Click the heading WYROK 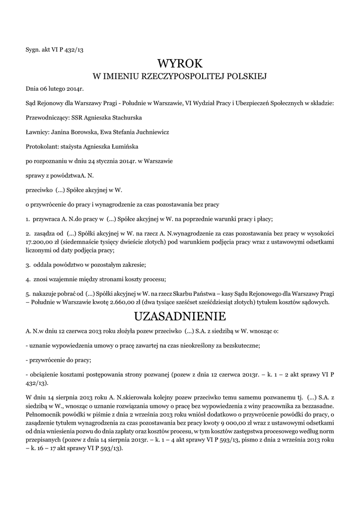pos(180,64)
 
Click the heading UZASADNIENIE pos(180,316)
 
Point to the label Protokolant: pos(42,147)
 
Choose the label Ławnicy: pos(37,132)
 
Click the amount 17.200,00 pos(40,241)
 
